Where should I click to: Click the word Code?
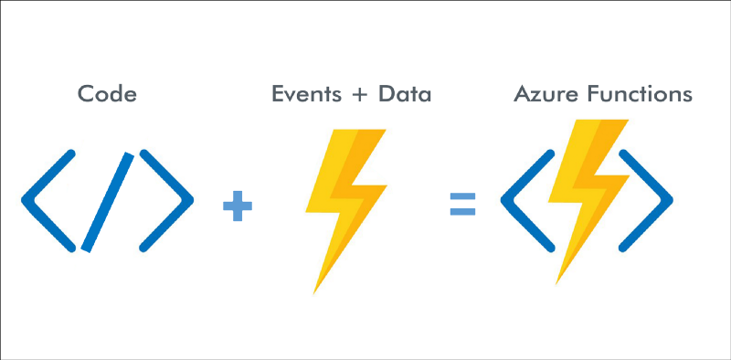coord(107,94)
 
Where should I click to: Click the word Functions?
coord(634,94)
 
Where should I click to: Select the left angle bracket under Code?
coord(48,199)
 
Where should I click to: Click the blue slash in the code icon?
coord(108,201)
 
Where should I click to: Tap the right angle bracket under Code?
coord(168,199)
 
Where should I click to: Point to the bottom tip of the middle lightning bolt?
coord(315,292)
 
